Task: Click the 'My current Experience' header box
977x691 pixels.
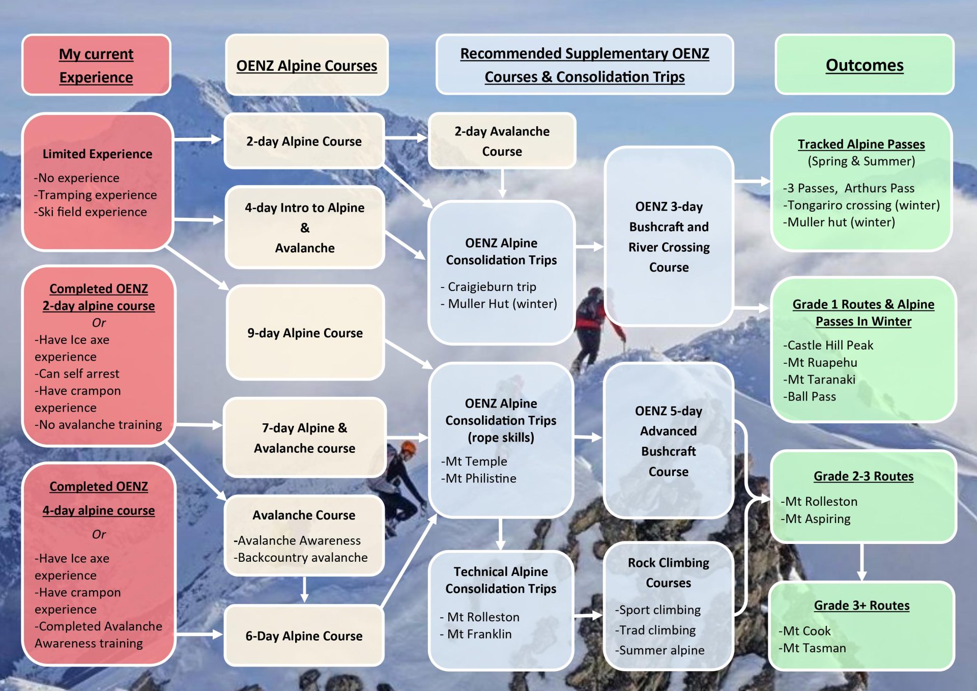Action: [96, 65]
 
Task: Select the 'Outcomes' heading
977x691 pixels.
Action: [865, 65]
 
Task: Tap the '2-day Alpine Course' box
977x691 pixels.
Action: [304, 141]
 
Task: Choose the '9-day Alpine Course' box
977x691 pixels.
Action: [305, 333]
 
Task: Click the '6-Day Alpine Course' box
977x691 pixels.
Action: [304, 636]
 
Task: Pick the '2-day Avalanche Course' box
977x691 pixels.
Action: [502, 141]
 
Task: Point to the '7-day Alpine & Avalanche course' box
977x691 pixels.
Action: [305, 438]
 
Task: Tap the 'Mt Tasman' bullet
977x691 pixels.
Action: [812, 648]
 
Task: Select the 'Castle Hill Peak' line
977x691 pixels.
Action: [828, 345]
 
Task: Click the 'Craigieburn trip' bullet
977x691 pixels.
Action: [489, 286]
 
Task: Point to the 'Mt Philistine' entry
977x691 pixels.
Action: [479, 478]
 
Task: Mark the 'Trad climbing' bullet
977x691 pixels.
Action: [655, 630]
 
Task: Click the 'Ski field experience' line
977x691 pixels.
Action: [91, 212]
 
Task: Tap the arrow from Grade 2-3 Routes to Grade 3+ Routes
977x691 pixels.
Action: [861, 562]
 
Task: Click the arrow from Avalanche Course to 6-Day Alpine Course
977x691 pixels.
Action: [304, 589]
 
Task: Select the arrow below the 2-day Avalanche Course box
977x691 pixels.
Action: [502, 183]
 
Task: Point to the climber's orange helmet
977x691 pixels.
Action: [408, 448]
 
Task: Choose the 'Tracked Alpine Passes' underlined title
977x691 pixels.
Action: [861, 144]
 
